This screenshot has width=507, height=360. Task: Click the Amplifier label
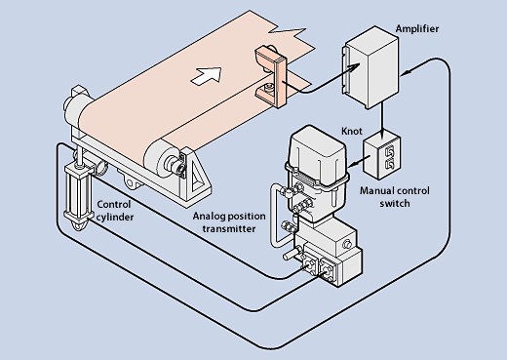tap(417, 29)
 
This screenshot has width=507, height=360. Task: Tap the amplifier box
tap(370, 67)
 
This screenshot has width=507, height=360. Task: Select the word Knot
tap(352, 131)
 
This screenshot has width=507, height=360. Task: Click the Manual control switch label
tap(395, 197)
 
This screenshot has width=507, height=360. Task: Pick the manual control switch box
tap(381, 154)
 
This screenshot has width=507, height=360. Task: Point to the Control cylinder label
tap(115, 211)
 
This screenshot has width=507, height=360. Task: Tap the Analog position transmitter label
tap(229, 222)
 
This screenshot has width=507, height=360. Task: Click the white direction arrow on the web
tap(206, 76)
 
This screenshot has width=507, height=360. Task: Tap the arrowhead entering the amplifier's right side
tap(407, 71)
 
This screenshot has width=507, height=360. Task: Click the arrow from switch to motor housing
tap(360, 162)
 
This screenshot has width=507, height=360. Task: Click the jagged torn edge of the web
tap(287, 31)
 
